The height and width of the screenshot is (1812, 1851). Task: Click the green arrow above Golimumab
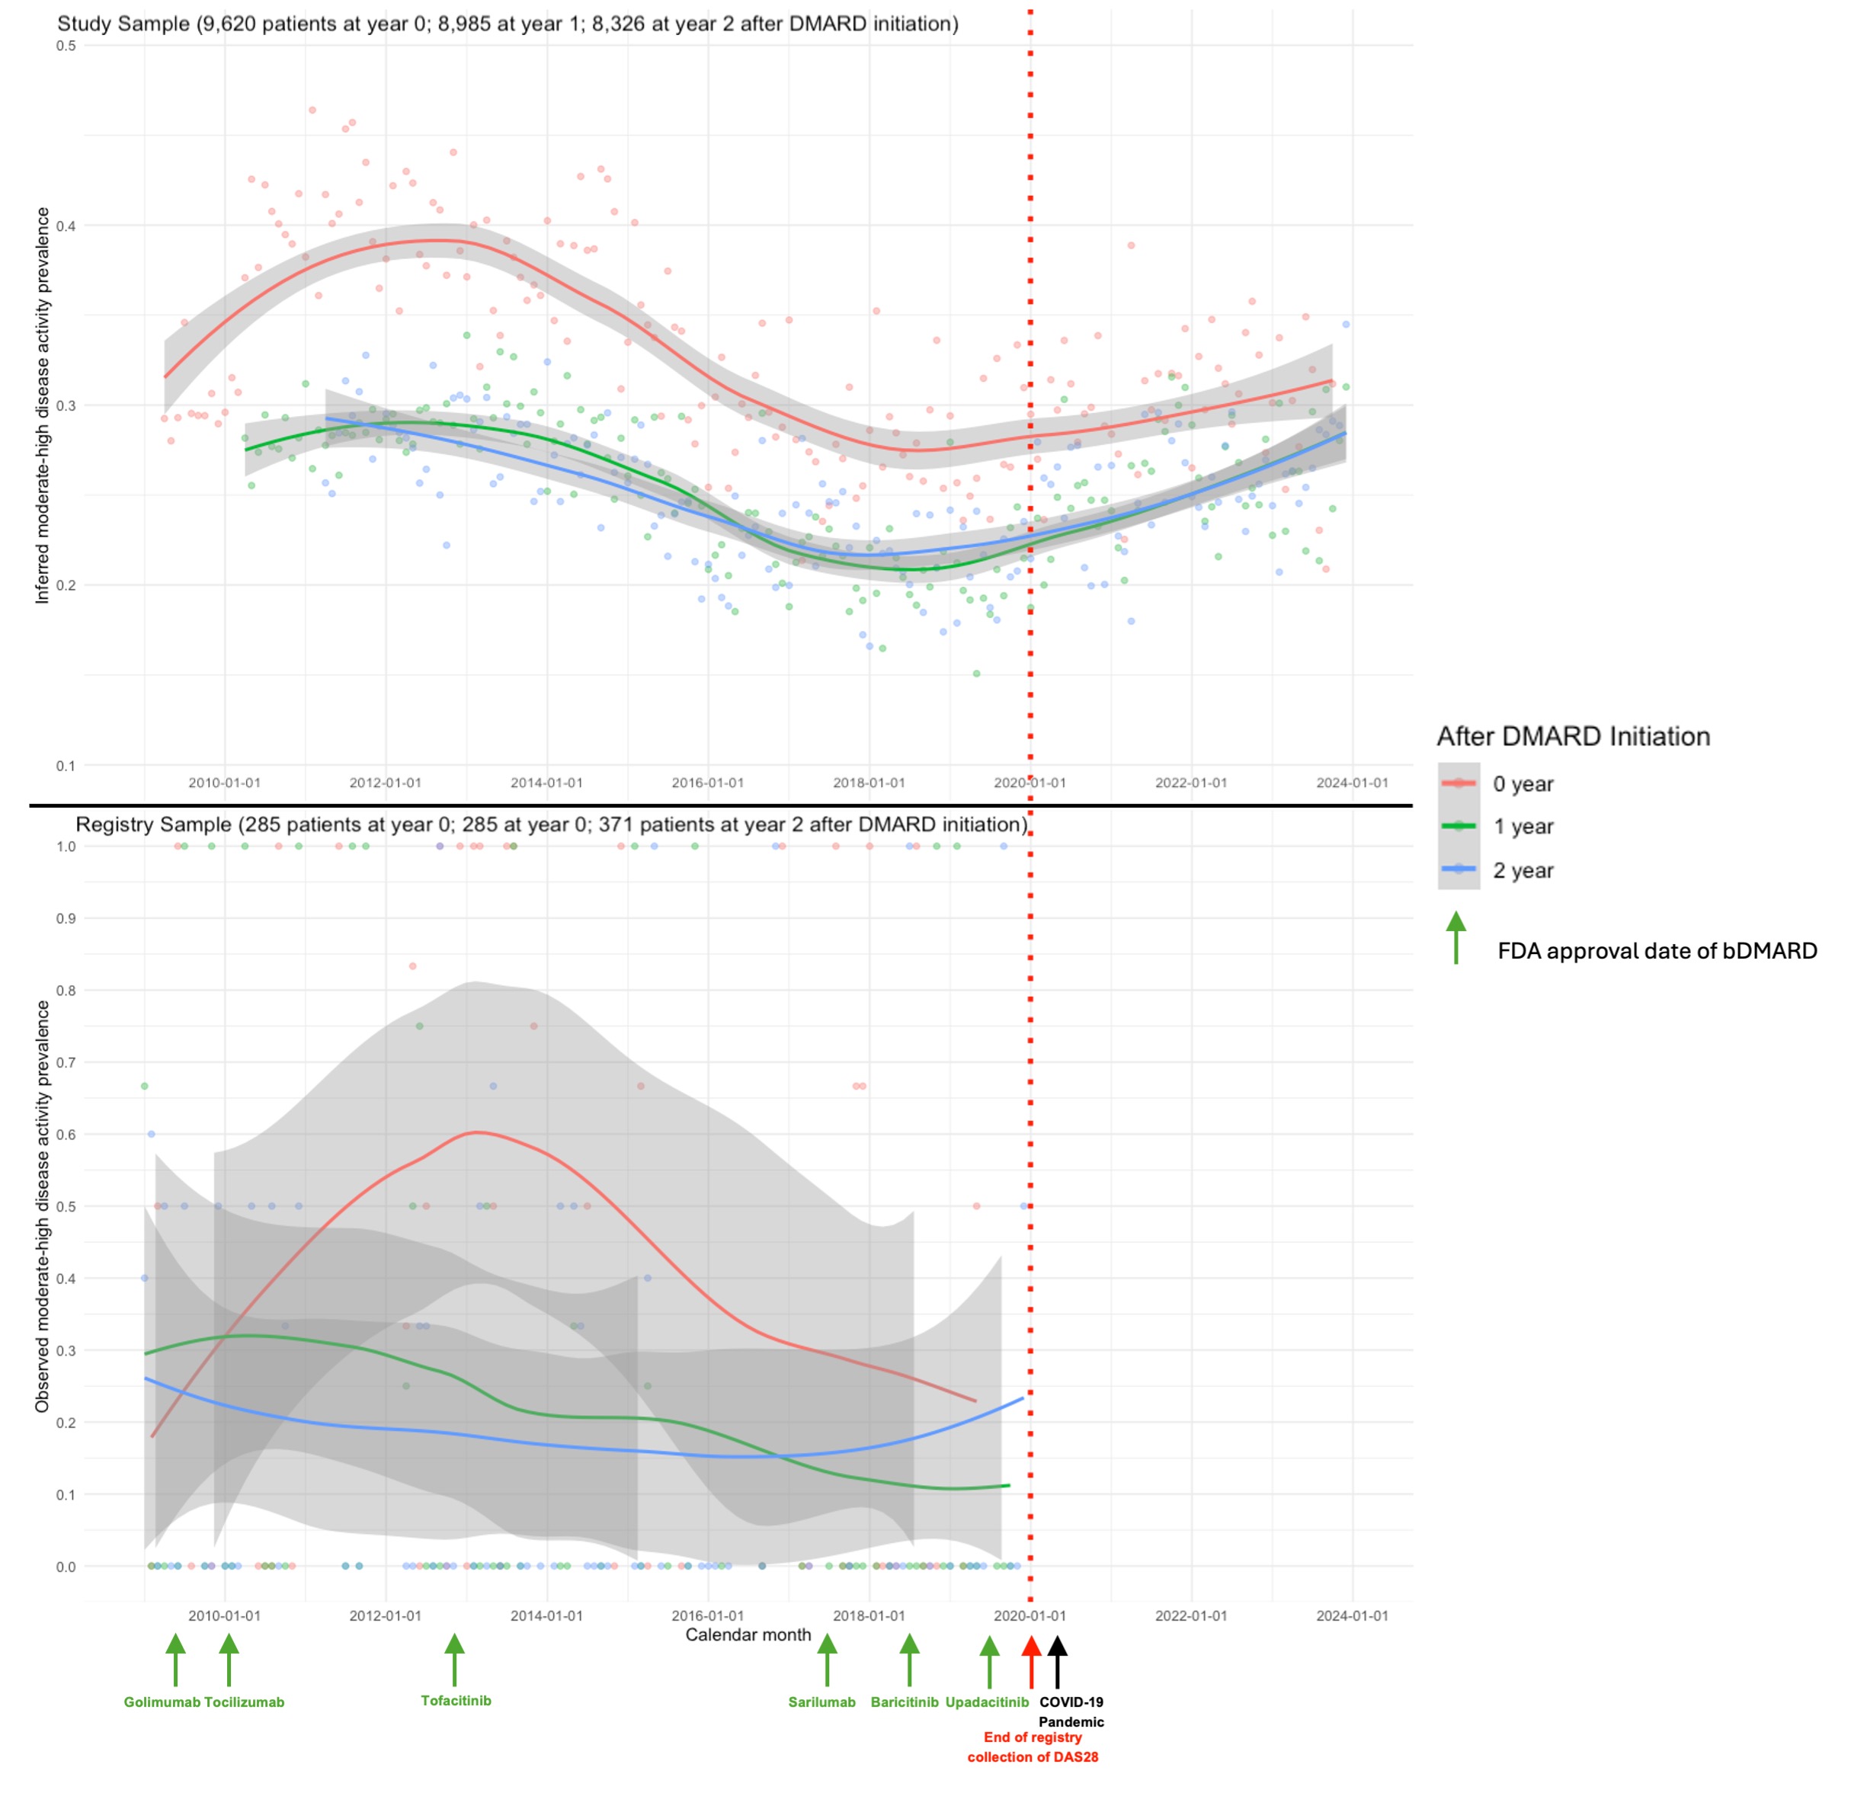click(x=175, y=1660)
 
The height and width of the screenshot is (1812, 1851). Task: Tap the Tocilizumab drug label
click(x=245, y=1702)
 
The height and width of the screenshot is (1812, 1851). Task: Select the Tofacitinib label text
click(x=456, y=1701)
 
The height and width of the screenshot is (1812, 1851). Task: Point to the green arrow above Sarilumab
click(x=827, y=1660)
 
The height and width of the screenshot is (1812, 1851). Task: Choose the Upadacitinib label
click(x=987, y=1702)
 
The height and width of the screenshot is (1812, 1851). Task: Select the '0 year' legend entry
click(x=1522, y=784)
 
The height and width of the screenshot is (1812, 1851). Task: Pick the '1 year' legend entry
click(x=1522, y=827)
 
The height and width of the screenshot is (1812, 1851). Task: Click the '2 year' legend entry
click(x=1522, y=871)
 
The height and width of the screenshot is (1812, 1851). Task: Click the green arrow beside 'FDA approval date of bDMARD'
click(x=1455, y=938)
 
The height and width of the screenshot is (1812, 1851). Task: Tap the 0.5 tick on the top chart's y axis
click(x=66, y=46)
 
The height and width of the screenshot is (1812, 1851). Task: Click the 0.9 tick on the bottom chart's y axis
click(x=66, y=918)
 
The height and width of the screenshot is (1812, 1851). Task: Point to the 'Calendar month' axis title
click(x=748, y=1635)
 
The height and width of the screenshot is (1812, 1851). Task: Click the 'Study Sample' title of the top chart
click(x=508, y=24)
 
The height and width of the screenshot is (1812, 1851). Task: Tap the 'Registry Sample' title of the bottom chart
click(x=552, y=824)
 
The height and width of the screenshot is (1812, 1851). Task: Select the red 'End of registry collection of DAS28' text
click(x=1033, y=1747)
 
